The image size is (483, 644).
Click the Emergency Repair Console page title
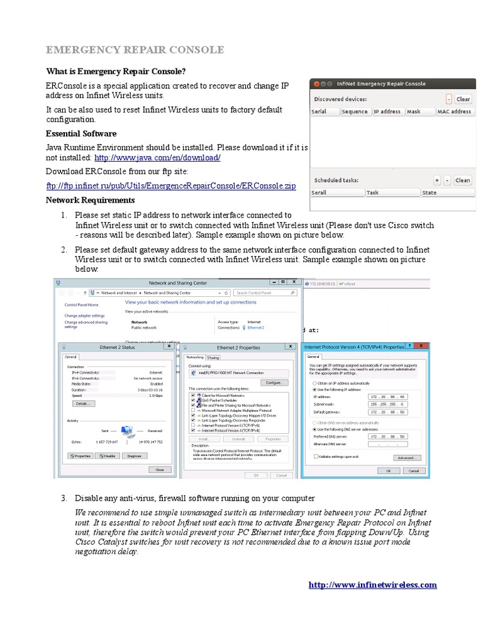tap(135, 50)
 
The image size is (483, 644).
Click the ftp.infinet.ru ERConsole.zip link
tap(171, 186)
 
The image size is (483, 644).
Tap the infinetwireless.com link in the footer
tap(372, 585)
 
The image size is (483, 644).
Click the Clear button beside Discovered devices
tap(463, 99)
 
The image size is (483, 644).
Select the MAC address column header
tap(454, 111)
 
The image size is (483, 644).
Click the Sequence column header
tap(355, 111)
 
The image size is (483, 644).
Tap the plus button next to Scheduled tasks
tap(436, 180)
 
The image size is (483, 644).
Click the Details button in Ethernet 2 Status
tap(81, 403)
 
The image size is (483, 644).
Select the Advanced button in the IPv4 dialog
tap(409, 458)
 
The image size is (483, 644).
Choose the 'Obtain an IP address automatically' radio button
tap(314, 382)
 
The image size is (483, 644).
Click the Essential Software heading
tap(81, 134)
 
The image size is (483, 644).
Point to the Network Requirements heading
tap(91, 200)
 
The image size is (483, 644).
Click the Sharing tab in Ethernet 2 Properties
tap(213, 357)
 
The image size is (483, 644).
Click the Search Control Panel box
tap(264, 292)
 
